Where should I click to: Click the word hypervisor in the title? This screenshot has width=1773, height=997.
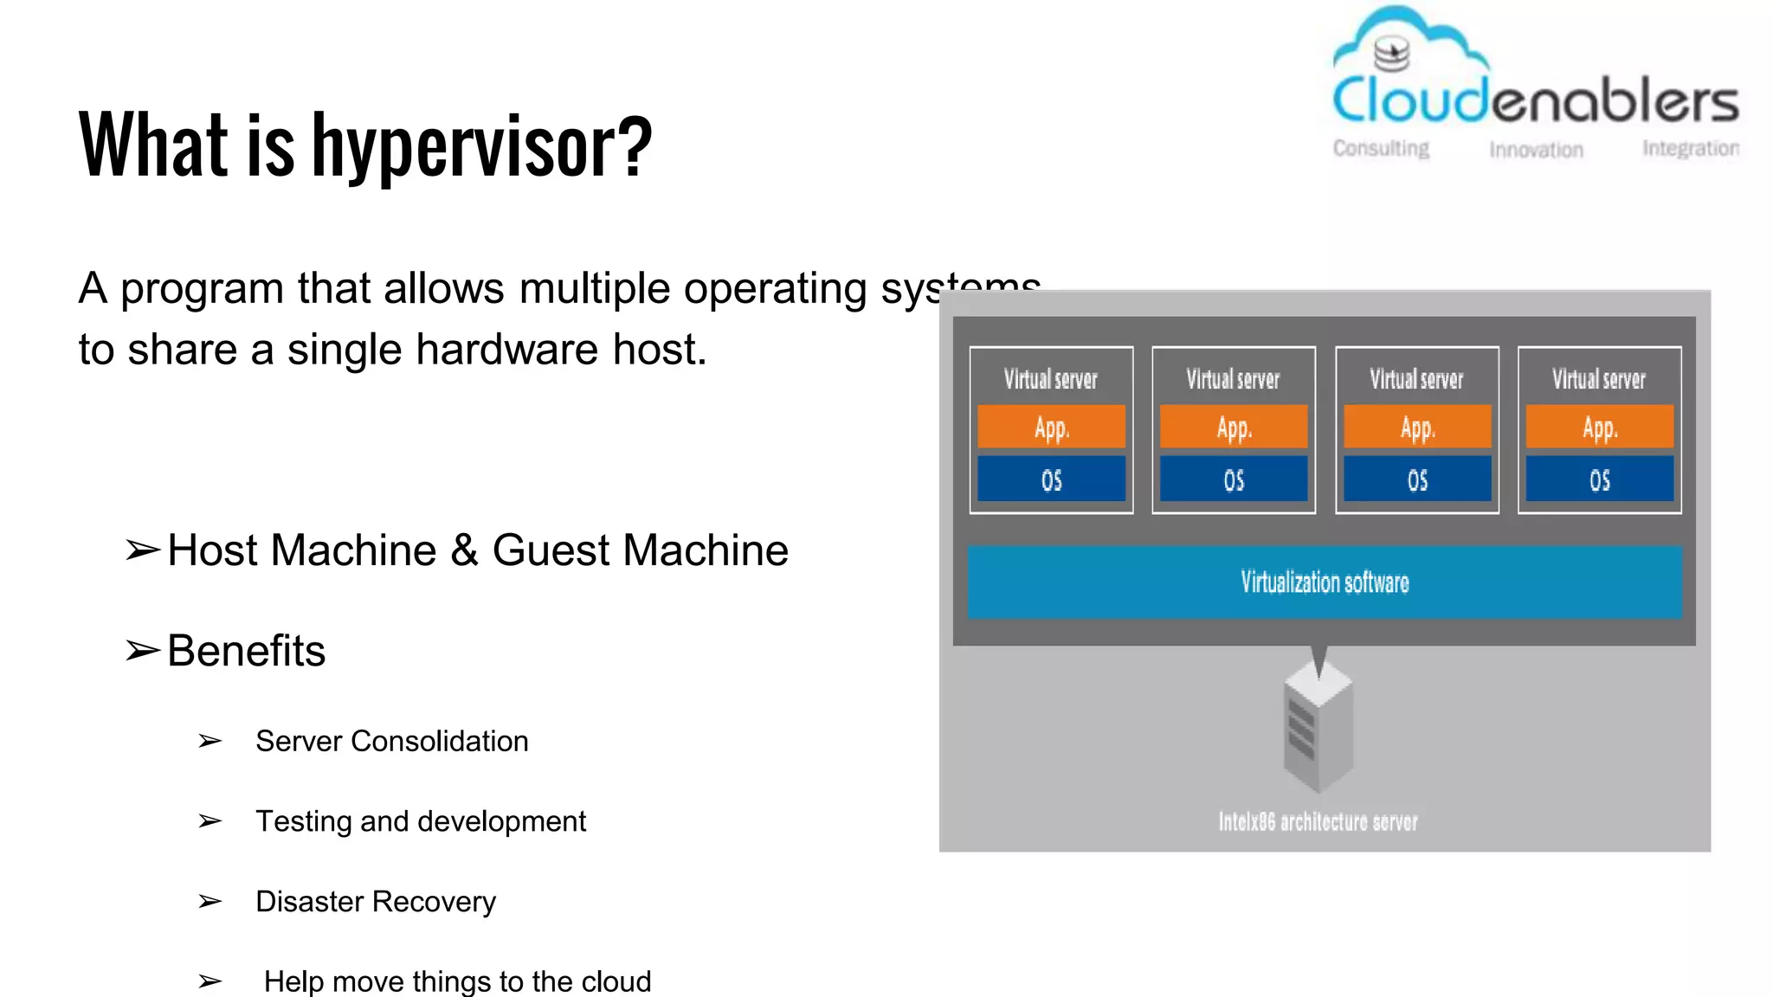pos(481,147)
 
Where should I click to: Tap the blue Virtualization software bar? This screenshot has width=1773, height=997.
pos(1325,582)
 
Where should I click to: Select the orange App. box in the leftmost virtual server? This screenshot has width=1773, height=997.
pos(1051,427)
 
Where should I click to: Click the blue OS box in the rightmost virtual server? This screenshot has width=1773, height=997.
pos(1599,479)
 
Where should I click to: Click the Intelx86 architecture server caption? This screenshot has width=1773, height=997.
pos(1318,821)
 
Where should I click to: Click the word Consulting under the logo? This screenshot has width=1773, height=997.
pos(1381,149)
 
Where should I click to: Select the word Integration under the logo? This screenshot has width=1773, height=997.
pos(1690,149)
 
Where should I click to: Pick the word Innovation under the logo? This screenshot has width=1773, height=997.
pos(1536,151)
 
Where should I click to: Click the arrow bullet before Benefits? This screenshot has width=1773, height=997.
pos(143,651)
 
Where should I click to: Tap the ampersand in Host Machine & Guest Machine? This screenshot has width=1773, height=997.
pos(464,550)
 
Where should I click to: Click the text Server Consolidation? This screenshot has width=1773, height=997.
pos(391,742)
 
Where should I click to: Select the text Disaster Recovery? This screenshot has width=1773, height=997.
pos(376,902)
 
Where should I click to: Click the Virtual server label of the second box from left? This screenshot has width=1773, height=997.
pos(1233,379)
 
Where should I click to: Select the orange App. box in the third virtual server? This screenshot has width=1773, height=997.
pos(1417,427)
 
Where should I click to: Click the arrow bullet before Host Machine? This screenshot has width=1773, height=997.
pos(143,550)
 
